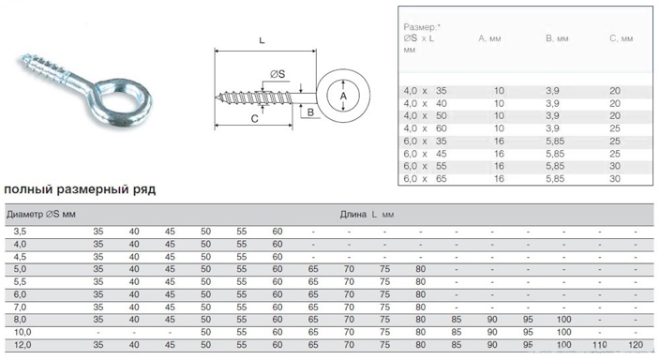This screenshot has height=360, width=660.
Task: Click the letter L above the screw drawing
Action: point(262,40)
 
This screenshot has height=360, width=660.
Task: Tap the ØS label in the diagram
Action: point(277,74)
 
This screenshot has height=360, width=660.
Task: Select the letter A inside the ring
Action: point(343,97)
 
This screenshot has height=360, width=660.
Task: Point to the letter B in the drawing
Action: point(310,112)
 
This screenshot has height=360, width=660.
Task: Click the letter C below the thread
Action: point(254,119)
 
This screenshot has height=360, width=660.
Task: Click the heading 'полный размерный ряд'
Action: point(80,189)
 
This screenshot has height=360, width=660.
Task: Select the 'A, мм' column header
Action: point(489,38)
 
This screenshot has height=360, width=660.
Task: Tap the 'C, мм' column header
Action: point(622,38)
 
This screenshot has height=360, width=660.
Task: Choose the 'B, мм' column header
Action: point(557,38)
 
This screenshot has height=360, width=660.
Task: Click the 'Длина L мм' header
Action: point(367,215)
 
